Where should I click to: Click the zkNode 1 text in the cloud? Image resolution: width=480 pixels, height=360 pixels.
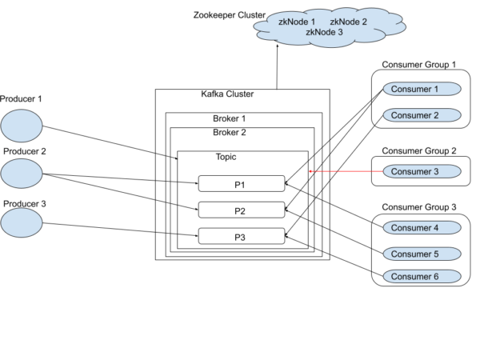pyautogui.click(x=296, y=22)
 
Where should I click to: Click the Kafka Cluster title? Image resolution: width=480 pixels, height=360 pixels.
pyautogui.click(x=227, y=94)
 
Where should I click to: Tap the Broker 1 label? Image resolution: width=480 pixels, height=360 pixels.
pyautogui.click(x=229, y=118)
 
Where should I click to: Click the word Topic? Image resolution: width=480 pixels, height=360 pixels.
pyautogui.click(x=226, y=157)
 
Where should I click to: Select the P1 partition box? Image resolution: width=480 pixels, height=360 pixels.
pyautogui.click(x=241, y=184)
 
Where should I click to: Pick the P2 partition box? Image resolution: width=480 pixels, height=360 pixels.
pyautogui.click(x=241, y=210)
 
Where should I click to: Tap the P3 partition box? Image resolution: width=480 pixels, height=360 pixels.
pyautogui.click(x=241, y=237)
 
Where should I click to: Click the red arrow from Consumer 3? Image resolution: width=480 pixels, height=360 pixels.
pyautogui.click(x=340, y=171)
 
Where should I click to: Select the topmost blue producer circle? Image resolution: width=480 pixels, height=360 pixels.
pyautogui.click(x=22, y=126)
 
